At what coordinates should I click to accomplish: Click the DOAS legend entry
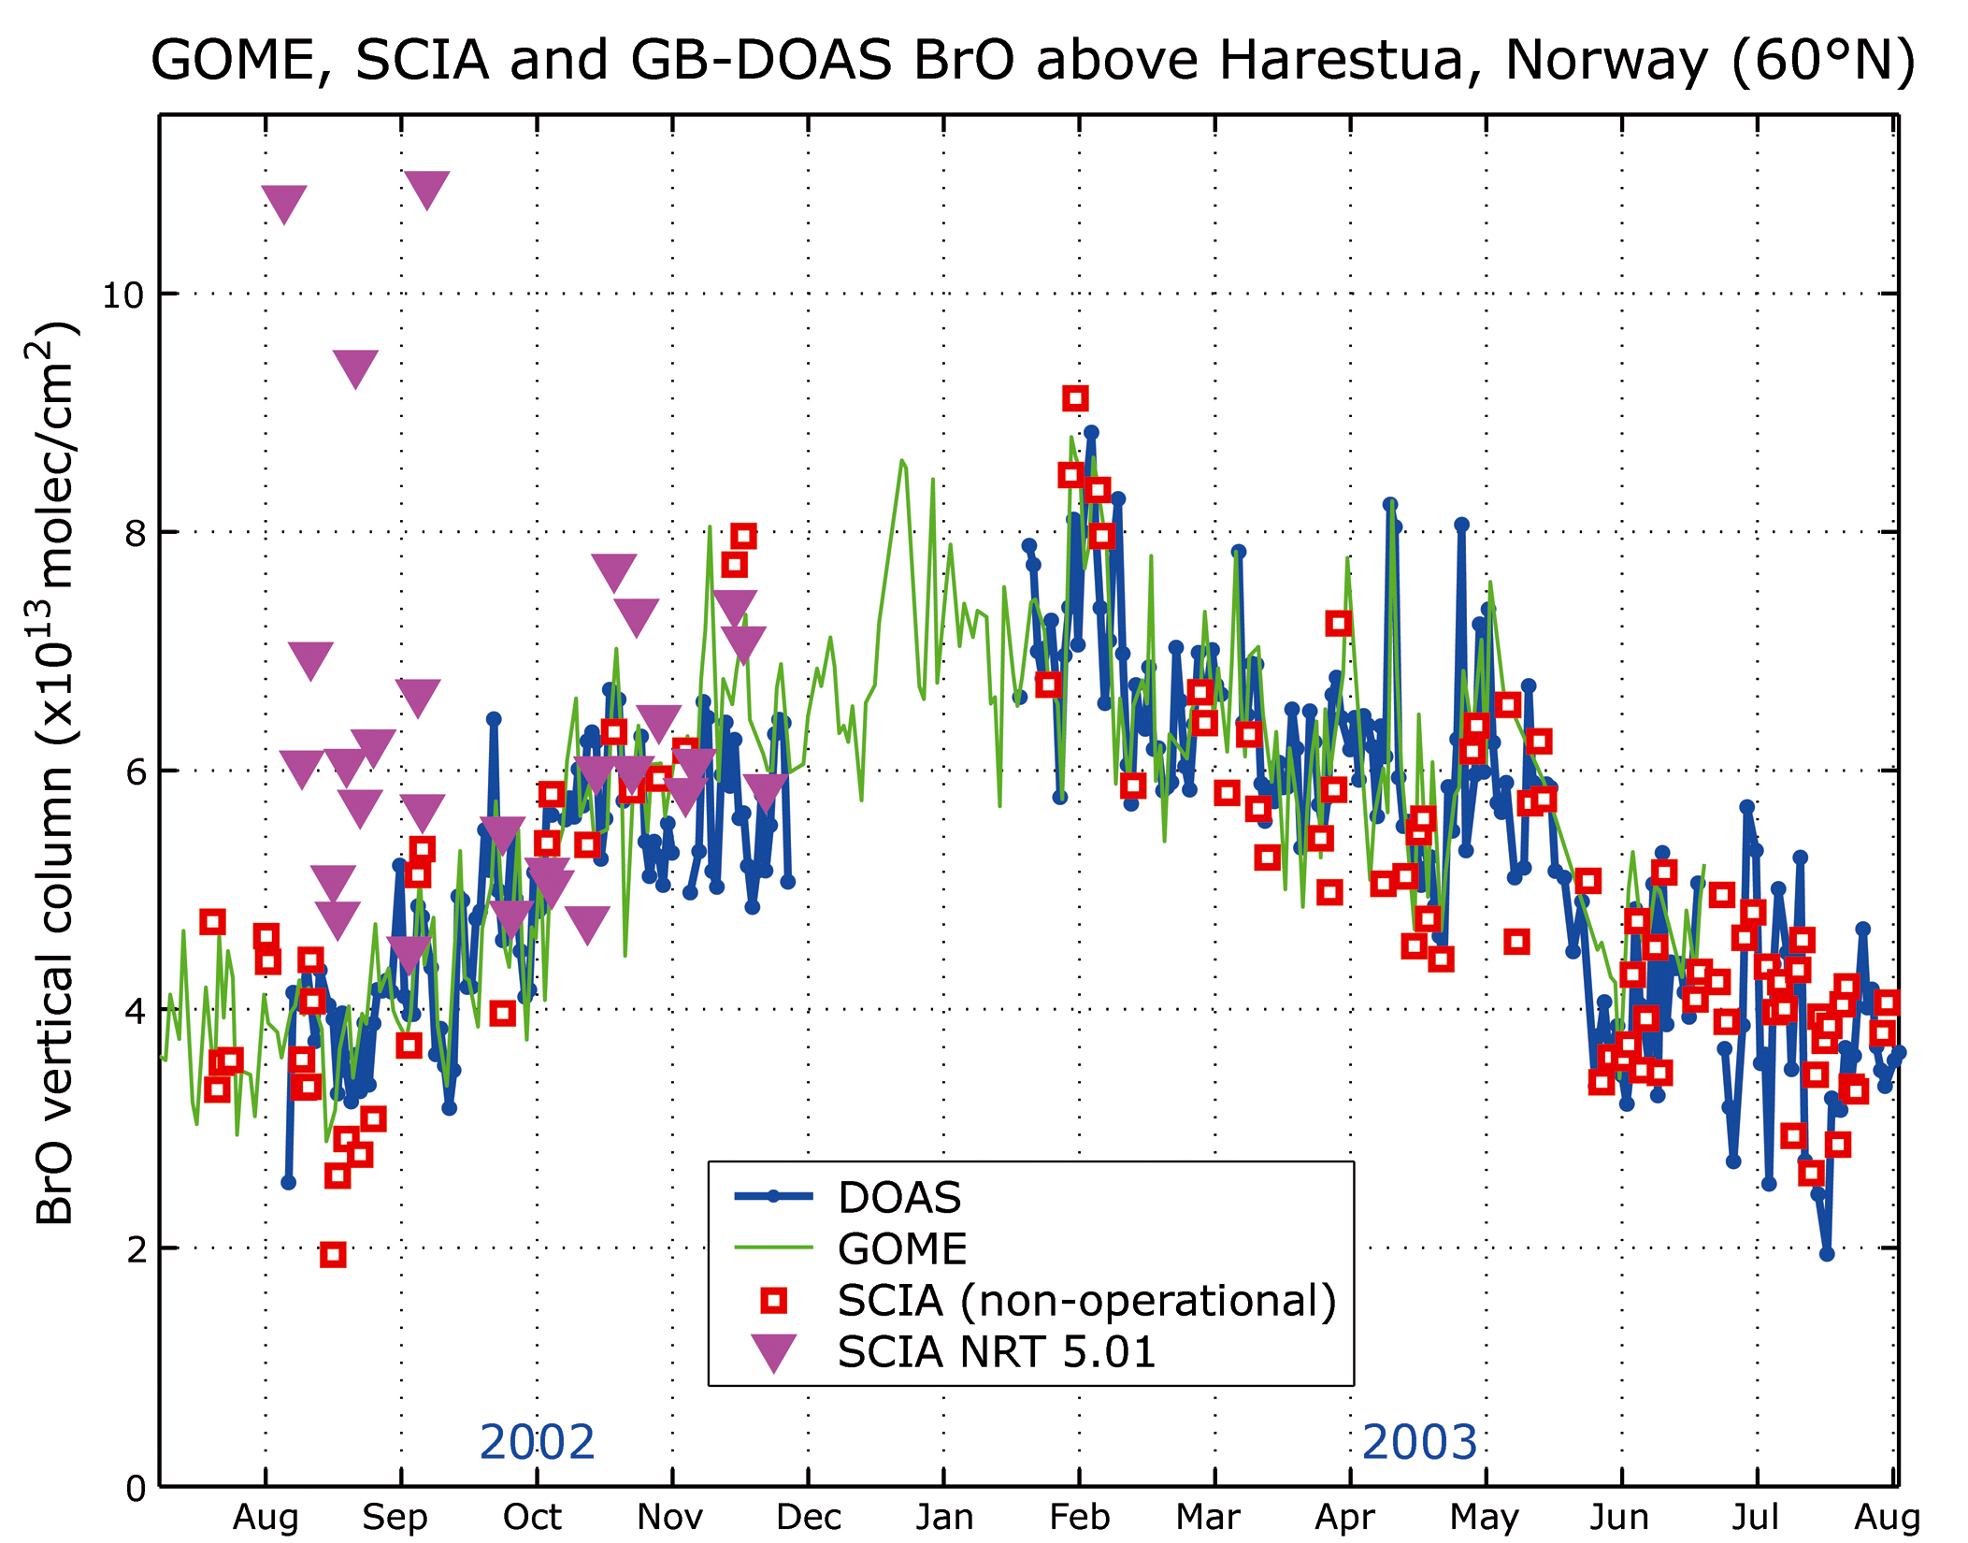[898, 1198]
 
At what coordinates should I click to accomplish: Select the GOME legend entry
[902, 1249]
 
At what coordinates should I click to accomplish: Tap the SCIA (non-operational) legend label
[1086, 1301]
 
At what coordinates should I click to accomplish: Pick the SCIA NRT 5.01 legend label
[997, 1352]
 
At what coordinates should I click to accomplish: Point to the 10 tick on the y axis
[123, 296]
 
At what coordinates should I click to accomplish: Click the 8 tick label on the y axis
[136, 533]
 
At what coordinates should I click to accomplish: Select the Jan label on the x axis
[944, 1517]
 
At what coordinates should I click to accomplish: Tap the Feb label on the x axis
[1079, 1517]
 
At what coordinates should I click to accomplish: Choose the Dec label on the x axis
[809, 1517]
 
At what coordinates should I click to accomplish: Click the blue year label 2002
[537, 1442]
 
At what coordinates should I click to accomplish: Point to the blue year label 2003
[1419, 1442]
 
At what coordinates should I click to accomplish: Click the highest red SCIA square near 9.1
[1075, 399]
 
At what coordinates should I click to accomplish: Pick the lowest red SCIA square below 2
[333, 1255]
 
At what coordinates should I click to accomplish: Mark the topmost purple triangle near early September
[427, 188]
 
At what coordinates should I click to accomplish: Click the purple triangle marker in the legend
[774, 1352]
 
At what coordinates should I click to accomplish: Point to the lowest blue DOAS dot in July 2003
[1827, 1254]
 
